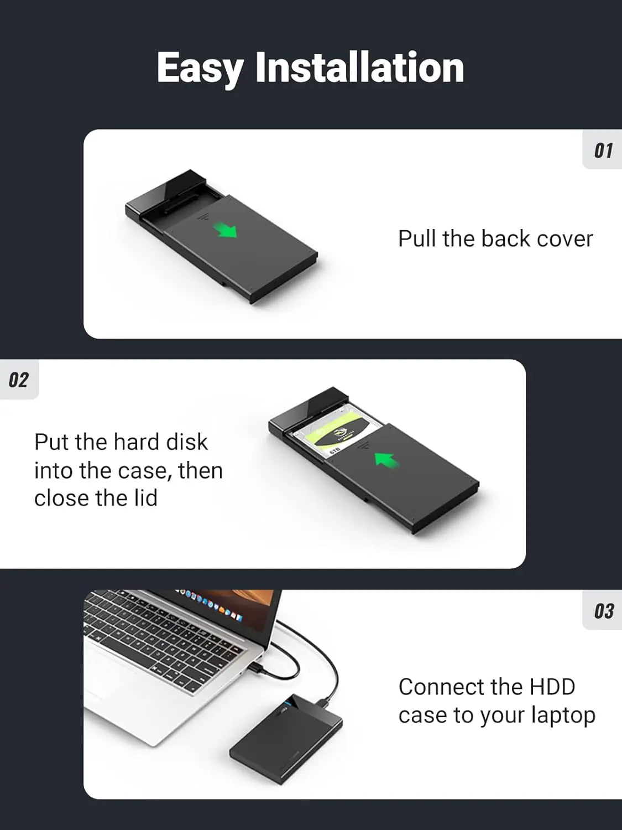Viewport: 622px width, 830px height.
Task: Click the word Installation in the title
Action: click(x=359, y=68)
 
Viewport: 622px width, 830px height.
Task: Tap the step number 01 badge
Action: click(x=603, y=151)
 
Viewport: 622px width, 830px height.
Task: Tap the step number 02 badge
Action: click(x=18, y=380)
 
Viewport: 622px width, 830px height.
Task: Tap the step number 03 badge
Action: click(x=604, y=611)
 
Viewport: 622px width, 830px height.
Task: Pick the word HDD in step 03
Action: click(x=552, y=687)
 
